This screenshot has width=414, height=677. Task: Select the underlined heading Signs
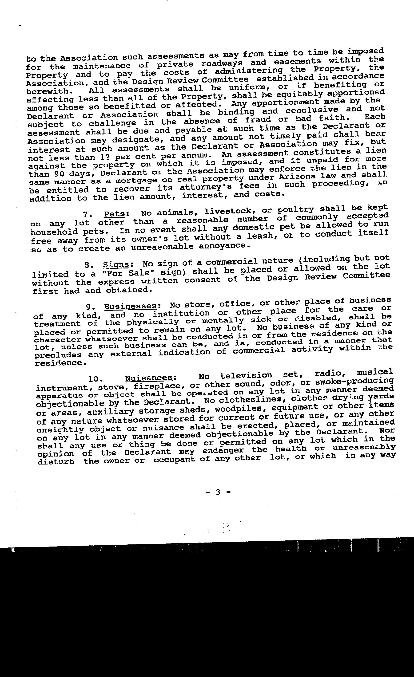(x=116, y=265)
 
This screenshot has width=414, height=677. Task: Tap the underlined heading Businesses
(x=130, y=306)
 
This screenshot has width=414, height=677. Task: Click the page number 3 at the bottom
(x=218, y=492)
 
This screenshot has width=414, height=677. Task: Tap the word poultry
(x=297, y=210)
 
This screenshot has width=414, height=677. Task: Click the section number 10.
(x=96, y=379)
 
